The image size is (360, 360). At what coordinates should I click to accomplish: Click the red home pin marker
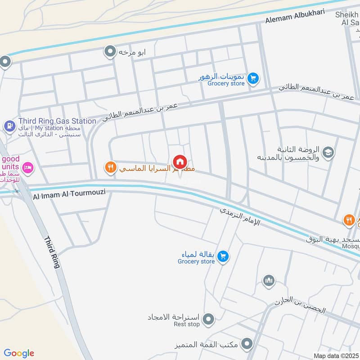click(180, 162)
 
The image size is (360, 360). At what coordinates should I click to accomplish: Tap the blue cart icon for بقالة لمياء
click(223, 257)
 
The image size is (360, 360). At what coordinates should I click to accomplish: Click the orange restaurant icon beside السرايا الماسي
click(110, 168)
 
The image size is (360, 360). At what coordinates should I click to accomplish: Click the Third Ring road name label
click(51, 252)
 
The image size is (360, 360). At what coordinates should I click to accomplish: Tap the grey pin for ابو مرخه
click(110, 52)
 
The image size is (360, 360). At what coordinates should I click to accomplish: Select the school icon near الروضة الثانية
click(328, 152)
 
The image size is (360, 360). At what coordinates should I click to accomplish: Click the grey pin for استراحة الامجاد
click(208, 319)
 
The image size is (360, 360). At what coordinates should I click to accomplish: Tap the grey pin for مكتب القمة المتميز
click(247, 345)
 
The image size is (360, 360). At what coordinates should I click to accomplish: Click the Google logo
click(19, 353)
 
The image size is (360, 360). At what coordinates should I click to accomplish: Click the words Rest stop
click(187, 324)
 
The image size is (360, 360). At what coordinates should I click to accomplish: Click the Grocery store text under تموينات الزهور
click(226, 83)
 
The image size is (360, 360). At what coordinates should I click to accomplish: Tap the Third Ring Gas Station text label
click(57, 121)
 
